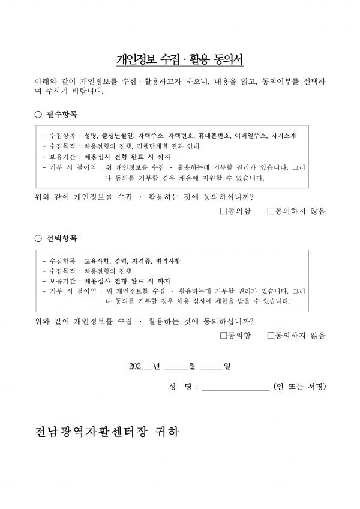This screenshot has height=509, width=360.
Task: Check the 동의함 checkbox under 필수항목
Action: click(x=223, y=211)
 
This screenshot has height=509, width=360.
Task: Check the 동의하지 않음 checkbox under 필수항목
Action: click(x=271, y=211)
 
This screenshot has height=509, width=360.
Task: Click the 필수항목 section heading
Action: click(x=62, y=114)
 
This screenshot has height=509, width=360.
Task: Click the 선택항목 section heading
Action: click(x=62, y=238)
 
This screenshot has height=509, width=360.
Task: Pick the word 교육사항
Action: click(x=96, y=261)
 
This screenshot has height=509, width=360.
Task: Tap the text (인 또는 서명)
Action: click(x=299, y=387)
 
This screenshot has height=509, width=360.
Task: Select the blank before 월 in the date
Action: click(x=176, y=366)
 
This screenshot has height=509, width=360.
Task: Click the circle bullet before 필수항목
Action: click(x=38, y=114)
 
